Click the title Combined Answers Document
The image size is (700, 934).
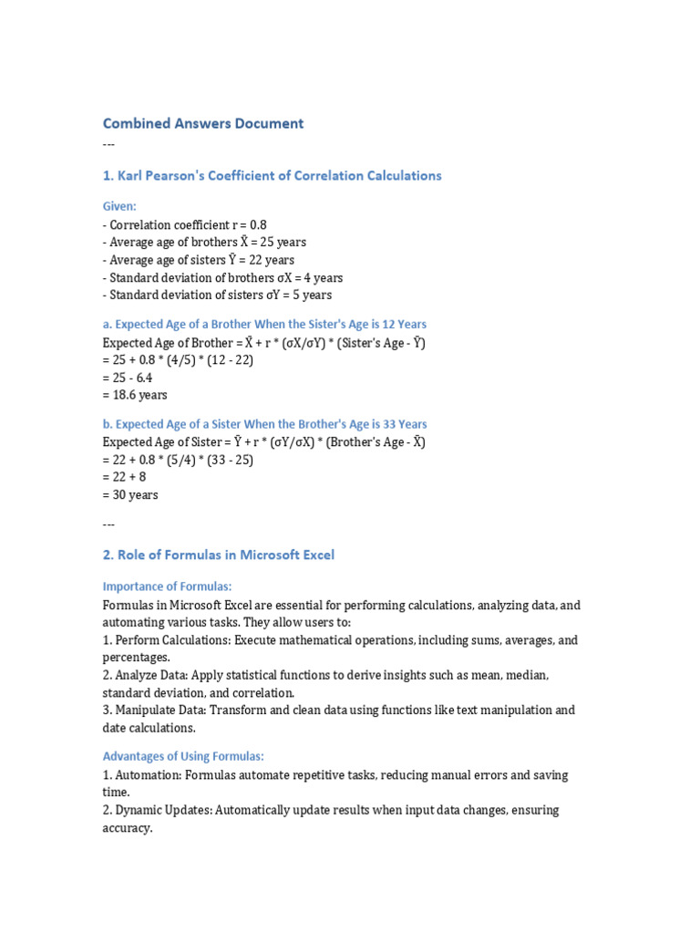click(x=202, y=123)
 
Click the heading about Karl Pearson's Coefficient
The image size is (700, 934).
click(x=272, y=175)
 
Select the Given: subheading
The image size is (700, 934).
click(x=119, y=207)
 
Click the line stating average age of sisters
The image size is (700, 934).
click(x=198, y=260)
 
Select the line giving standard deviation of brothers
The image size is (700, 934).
click(x=222, y=277)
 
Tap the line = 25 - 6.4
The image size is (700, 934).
click(x=127, y=378)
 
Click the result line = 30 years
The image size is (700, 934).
click(x=130, y=494)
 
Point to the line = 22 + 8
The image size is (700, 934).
click(x=123, y=477)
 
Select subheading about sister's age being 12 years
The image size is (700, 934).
click(x=264, y=324)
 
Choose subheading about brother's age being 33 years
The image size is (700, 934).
click(x=264, y=424)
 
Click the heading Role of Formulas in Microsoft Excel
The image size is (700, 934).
click(x=218, y=555)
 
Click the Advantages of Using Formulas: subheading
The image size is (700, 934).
click(x=182, y=756)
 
